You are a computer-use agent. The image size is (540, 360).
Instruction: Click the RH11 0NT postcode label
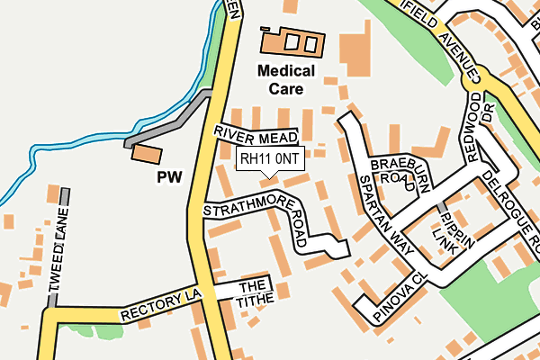coord(270,159)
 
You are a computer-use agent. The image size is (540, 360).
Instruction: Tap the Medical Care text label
coord(285,79)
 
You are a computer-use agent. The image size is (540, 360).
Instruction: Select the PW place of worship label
coord(169,177)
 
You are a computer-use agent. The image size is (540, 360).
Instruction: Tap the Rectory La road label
coord(162,309)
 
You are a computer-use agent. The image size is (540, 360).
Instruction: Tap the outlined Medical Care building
coord(292,41)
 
